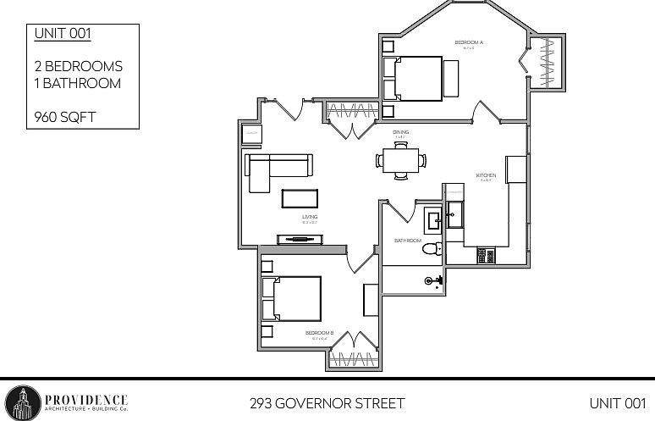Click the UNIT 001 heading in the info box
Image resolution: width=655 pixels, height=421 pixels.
63,34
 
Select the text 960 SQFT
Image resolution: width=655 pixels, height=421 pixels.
65,118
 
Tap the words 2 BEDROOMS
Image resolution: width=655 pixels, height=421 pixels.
79,66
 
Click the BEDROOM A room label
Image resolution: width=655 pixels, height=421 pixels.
468,42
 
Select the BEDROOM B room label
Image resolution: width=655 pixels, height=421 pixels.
319,333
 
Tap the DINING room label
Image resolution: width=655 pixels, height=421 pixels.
400,133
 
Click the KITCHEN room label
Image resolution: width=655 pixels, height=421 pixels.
485,175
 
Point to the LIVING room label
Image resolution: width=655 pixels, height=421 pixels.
310,217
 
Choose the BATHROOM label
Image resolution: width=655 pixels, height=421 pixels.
408,241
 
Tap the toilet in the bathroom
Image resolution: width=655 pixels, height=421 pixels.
432,249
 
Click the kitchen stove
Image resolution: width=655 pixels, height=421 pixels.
486,254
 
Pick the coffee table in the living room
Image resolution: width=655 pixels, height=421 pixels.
300,198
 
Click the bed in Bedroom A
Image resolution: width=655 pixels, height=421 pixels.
415,78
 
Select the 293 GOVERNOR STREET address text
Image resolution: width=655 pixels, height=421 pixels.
327,402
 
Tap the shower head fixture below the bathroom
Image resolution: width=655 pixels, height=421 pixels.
429,280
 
